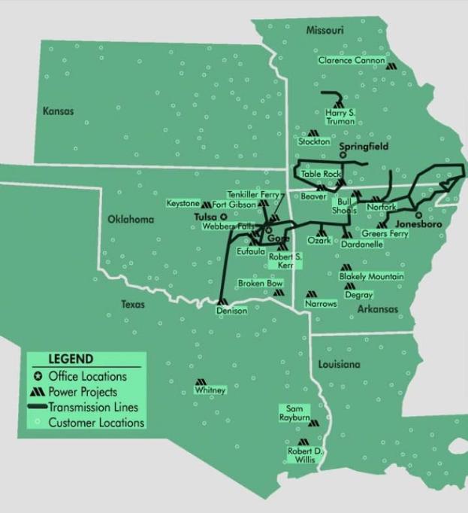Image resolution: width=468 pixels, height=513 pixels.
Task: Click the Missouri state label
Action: coord(325,30)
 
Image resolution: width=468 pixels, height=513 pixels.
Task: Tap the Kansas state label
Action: coord(59,111)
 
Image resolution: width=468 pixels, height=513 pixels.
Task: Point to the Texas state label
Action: coord(134,305)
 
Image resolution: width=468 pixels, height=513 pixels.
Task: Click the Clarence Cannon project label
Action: coord(351,60)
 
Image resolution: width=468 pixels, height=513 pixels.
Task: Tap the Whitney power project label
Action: coord(210,390)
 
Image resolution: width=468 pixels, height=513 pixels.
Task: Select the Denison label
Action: coord(231,311)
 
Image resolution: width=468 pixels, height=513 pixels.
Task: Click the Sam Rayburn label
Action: coord(294,413)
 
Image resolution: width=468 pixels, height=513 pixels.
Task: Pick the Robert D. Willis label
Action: coord(304,456)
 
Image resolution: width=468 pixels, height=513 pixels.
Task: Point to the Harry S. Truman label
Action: coord(340,117)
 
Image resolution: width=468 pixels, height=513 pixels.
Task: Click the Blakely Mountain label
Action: coord(371,277)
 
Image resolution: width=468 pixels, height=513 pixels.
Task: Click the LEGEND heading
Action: coord(71,360)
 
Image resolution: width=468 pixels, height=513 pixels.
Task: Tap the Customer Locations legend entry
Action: coord(95,423)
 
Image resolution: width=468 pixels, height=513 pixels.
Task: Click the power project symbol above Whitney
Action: coord(201,381)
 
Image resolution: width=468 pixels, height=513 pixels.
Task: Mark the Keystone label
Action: coord(183,204)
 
